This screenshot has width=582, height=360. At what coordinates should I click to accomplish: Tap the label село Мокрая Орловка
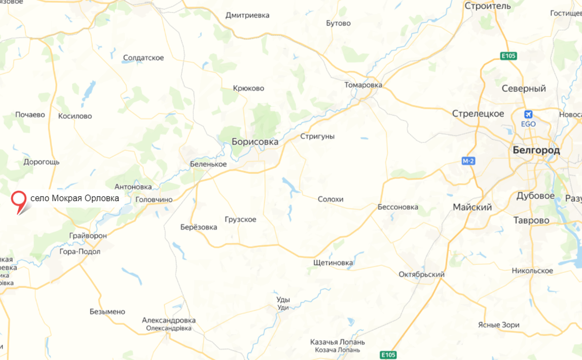pos(74,198)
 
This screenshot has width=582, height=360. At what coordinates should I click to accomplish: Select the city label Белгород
pos(536,150)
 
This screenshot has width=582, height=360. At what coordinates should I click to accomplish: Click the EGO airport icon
pos(528,115)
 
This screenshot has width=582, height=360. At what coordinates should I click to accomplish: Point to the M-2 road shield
pos(468,161)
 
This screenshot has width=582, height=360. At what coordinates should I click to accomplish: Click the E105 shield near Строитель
pos(508,56)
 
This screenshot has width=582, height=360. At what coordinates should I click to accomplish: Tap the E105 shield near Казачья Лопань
pos(388,355)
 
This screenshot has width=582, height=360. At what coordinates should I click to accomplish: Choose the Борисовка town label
pos(255,142)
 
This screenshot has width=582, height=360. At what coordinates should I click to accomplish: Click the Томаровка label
pos(363,85)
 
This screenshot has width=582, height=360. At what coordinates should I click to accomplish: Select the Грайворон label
pos(88,236)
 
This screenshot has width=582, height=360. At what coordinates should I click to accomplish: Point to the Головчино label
pos(154,199)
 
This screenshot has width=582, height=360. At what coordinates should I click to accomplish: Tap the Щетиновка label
pos(333,263)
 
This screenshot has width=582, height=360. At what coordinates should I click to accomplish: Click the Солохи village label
pos(330,199)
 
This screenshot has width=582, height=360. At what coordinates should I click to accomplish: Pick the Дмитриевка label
pos(247,15)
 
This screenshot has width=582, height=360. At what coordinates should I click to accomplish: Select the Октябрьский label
pos(421,274)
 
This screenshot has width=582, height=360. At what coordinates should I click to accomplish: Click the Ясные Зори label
pos(499,325)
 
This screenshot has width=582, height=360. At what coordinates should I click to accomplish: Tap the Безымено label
pos(107,312)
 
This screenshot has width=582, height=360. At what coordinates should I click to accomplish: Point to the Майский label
pos(472,208)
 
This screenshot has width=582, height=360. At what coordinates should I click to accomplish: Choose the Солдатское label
pos(143,58)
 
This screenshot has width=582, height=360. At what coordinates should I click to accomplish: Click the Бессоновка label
pos(398,207)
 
